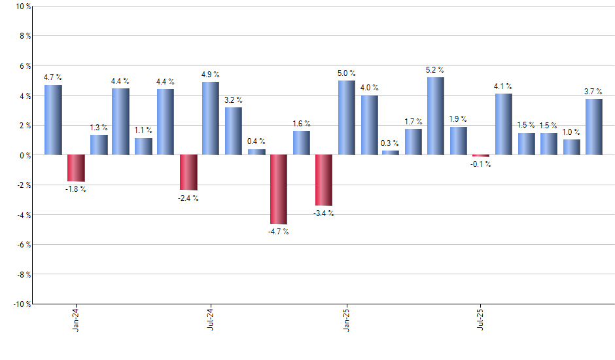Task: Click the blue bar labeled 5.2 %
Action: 436,116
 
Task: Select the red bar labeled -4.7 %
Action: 279,189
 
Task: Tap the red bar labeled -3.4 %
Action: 324,180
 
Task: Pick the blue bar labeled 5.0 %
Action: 347,118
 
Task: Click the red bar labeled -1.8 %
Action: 77,168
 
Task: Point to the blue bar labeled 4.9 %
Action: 211,118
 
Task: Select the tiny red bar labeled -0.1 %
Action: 481,156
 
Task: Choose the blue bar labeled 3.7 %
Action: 593,127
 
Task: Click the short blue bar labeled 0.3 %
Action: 391,153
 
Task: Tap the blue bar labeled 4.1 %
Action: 503,124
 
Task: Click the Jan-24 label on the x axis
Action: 76,319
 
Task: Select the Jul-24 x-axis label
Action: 211,319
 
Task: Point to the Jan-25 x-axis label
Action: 346,319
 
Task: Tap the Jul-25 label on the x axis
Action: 481,319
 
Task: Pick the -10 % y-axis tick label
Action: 21,304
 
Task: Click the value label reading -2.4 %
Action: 188,198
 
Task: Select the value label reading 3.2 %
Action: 234,100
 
